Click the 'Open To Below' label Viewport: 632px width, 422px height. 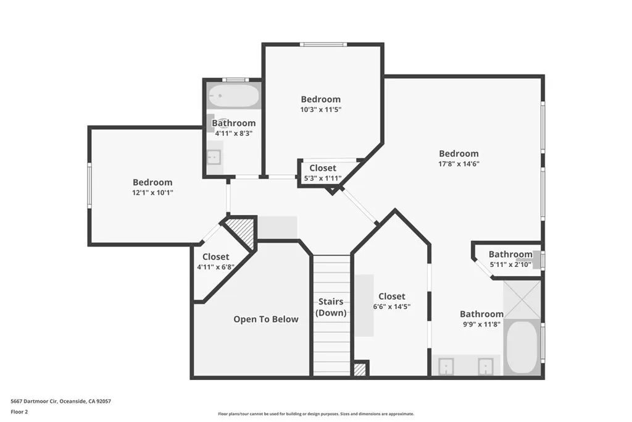pos(265,319)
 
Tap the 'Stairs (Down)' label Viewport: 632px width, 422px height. pos(331,307)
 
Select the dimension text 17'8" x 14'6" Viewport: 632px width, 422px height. pos(459,164)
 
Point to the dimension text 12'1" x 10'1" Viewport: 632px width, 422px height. pos(152,192)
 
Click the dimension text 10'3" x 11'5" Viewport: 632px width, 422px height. pos(320,109)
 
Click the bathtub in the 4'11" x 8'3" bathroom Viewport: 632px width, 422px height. pos(233,96)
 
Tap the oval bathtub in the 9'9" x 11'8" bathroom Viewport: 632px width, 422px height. pos(522,347)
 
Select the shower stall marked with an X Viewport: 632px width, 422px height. pos(522,299)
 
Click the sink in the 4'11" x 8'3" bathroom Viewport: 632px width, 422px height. pos(214,157)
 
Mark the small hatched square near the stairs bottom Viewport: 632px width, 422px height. pos(360,369)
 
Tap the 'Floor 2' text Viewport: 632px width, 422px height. pos(20,411)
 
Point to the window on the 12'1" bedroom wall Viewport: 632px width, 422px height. pos(89,185)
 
